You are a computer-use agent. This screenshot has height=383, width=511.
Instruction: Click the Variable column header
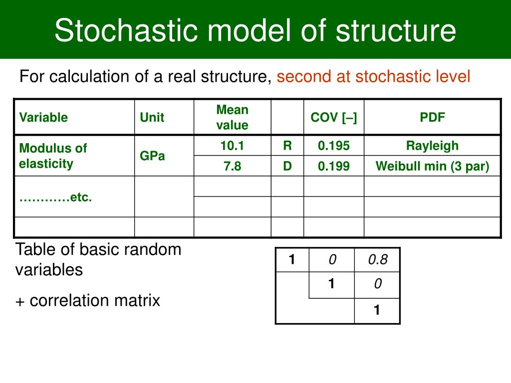[43, 118]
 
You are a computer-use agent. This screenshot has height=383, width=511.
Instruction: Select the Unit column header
[152, 118]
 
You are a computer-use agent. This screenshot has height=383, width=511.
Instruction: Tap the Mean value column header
[232, 117]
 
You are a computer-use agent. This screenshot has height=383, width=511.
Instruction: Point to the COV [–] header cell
[333, 118]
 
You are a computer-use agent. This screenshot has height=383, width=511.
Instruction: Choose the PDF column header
[432, 118]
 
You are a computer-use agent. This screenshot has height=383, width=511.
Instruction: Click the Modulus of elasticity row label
[52, 156]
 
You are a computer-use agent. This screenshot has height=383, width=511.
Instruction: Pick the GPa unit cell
[152, 156]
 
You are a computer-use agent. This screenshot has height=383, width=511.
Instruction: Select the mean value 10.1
[232, 146]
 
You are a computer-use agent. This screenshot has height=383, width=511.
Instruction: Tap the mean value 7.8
[232, 166]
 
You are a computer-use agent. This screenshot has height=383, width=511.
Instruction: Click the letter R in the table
[287, 146]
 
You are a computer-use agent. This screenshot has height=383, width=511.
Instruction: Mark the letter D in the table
[287, 166]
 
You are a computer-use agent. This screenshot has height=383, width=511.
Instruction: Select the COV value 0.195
[334, 146]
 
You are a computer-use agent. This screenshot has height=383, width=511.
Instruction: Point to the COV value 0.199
[334, 166]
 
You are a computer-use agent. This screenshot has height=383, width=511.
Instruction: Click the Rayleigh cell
[432, 146]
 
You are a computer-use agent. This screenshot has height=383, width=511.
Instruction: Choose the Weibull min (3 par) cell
[432, 166]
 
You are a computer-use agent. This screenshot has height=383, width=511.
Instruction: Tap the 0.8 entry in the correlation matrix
[377, 259]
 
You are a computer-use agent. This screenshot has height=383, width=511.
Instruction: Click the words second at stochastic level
[373, 77]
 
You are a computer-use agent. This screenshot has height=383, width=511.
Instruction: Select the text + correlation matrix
[88, 301]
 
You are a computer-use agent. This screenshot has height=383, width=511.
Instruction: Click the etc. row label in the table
[55, 197]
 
